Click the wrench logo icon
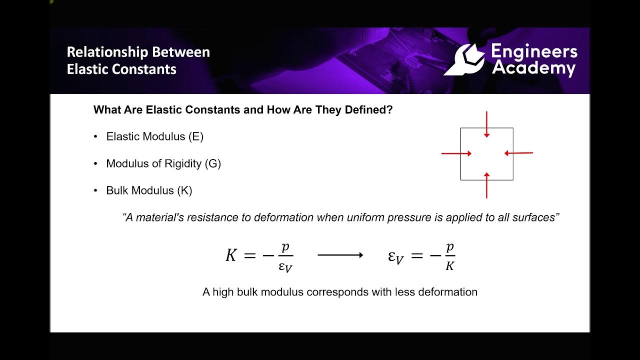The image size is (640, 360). point(464,59)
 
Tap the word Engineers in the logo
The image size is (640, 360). point(534,51)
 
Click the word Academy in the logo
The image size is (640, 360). point(533,68)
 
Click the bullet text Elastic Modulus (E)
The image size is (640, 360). point(154,136)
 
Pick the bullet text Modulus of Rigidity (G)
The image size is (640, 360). point(163,163)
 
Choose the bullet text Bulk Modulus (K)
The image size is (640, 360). point(149,190)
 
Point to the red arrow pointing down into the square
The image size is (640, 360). point(486,124)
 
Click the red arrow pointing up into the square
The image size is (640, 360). point(486,185)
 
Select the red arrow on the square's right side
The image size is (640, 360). point(518,153)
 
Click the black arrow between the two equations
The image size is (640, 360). point(340,255)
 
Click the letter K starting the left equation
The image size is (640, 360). point(230,255)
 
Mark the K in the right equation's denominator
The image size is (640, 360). point(449,266)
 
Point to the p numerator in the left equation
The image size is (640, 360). point(285,247)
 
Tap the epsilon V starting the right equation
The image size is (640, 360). point(395,257)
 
